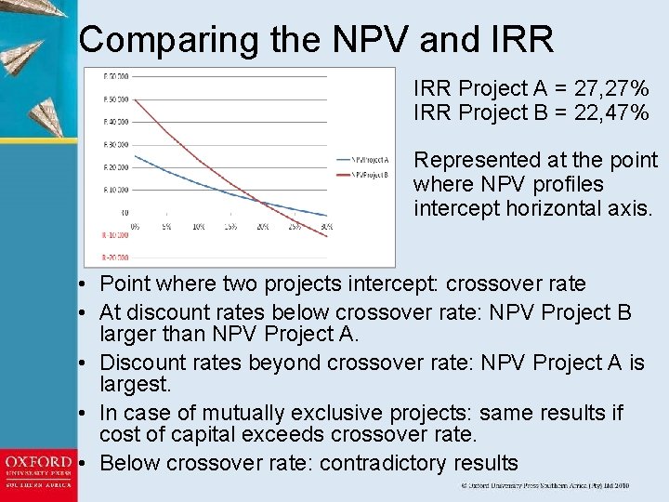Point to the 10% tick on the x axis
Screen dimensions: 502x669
pos(199,227)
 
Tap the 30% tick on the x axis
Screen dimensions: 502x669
pos(326,227)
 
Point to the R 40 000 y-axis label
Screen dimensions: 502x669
pos(116,122)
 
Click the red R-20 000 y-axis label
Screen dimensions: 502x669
pos(116,257)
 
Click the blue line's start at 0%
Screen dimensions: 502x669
pos(136,155)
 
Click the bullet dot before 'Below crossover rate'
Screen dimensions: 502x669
pos(85,463)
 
